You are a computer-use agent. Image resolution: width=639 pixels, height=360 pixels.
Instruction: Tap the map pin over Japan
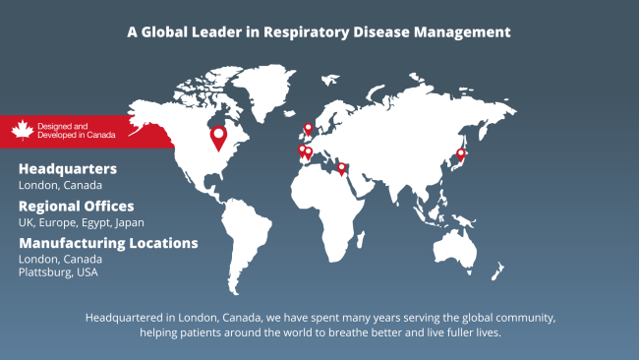click(x=460, y=153)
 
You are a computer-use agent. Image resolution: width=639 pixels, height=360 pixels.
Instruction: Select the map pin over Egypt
click(x=341, y=167)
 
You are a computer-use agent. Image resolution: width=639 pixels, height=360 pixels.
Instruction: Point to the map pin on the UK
click(x=308, y=128)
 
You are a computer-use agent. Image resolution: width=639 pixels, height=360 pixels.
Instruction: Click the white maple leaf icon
click(x=23, y=130)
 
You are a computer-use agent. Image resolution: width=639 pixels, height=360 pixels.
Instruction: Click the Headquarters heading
click(x=67, y=169)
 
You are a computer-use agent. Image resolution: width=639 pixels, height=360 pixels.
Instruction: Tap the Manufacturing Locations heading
click(x=108, y=243)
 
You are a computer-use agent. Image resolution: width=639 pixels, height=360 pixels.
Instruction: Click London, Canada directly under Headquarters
click(x=60, y=185)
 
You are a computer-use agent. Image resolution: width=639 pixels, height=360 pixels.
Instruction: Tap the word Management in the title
click(x=461, y=31)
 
